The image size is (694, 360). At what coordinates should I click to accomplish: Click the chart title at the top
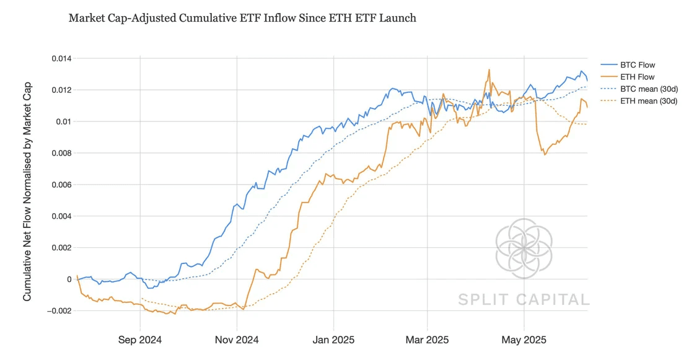(242, 18)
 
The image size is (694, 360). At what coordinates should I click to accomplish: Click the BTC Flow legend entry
(637, 65)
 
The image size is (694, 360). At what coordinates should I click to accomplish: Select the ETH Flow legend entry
(637, 77)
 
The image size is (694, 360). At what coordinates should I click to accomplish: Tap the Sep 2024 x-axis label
(140, 340)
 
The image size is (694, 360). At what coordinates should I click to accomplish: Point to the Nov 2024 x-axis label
(237, 340)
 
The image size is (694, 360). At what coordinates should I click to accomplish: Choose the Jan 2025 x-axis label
(333, 340)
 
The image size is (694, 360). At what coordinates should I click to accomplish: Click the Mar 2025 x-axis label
(428, 340)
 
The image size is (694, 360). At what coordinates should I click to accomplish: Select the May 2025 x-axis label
(524, 340)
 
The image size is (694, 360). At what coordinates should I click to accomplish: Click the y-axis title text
(27, 191)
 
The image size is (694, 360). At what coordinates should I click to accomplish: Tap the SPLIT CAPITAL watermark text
(524, 300)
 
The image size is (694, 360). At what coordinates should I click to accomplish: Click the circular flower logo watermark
(524, 247)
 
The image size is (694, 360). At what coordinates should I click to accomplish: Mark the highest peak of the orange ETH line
(489, 69)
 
